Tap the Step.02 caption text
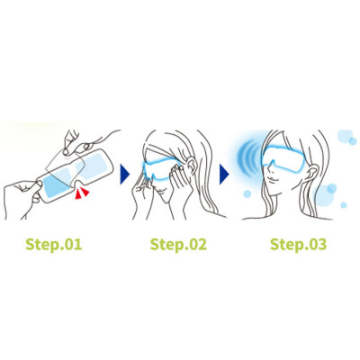(176, 244)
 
